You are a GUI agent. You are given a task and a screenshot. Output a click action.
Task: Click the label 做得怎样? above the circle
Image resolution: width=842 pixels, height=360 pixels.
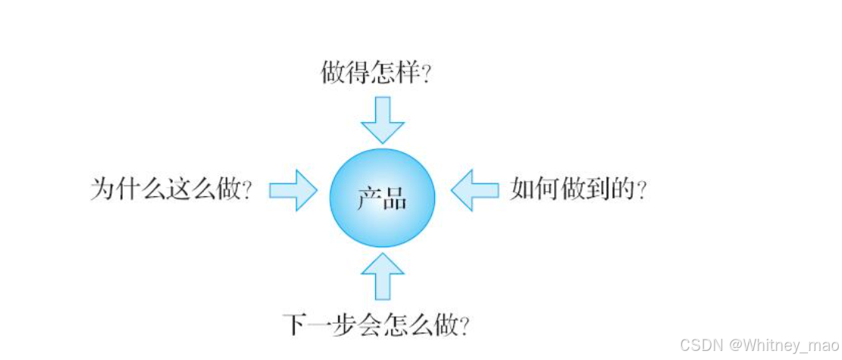click(x=376, y=74)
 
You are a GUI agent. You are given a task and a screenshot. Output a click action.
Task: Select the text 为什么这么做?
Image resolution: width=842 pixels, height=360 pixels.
click(x=171, y=189)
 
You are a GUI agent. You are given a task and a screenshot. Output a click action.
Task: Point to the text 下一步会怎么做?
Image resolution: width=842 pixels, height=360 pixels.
click(x=375, y=326)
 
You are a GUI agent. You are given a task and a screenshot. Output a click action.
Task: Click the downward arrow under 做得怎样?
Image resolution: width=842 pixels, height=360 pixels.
click(x=383, y=120)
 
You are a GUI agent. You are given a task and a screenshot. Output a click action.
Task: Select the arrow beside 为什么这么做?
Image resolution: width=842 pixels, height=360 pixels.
click(x=293, y=189)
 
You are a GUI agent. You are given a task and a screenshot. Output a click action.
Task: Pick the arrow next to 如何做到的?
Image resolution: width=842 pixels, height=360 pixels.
click(x=474, y=189)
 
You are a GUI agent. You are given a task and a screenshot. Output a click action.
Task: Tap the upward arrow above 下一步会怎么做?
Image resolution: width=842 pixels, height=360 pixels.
click(x=383, y=276)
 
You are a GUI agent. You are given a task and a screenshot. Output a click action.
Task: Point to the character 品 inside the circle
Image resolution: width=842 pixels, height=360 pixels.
click(x=395, y=200)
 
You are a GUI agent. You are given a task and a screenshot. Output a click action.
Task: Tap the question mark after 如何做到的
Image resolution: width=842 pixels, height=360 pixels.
click(x=642, y=190)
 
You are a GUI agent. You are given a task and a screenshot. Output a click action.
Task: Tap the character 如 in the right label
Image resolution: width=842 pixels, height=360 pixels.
click(x=522, y=189)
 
